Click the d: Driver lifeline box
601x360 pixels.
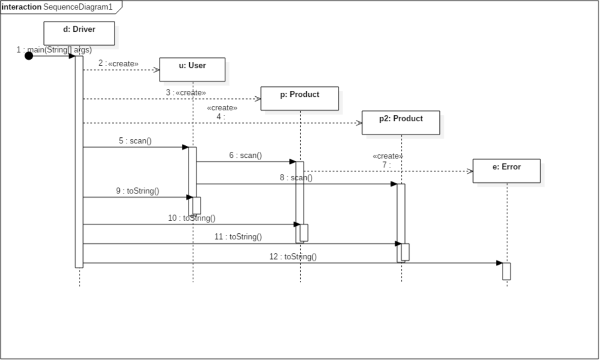tap(79, 33)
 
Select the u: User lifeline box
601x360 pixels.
tap(192, 69)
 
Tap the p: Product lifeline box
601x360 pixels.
tap(299, 98)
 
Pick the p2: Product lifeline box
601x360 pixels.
tap(401, 122)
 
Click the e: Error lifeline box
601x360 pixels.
tap(506, 170)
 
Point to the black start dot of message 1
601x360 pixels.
tap(29, 56)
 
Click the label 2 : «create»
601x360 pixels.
tap(118, 63)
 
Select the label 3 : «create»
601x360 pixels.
tap(186, 92)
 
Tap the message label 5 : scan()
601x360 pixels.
tap(135, 141)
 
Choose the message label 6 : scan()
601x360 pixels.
tap(245, 155)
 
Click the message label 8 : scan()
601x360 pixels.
tap(296, 177)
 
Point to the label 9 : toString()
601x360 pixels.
tap(137, 190)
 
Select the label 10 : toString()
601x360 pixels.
tap(191, 217)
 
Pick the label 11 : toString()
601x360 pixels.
tap(238, 237)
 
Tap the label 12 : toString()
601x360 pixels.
tap(293, 256)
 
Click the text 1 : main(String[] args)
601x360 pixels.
tap(54, 49)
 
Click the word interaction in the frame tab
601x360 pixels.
tap(21, 7)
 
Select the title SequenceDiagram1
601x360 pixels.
tap(78, 7)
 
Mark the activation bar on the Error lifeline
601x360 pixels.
tap(506, 271)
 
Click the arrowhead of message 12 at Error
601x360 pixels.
tap(499, 263)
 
